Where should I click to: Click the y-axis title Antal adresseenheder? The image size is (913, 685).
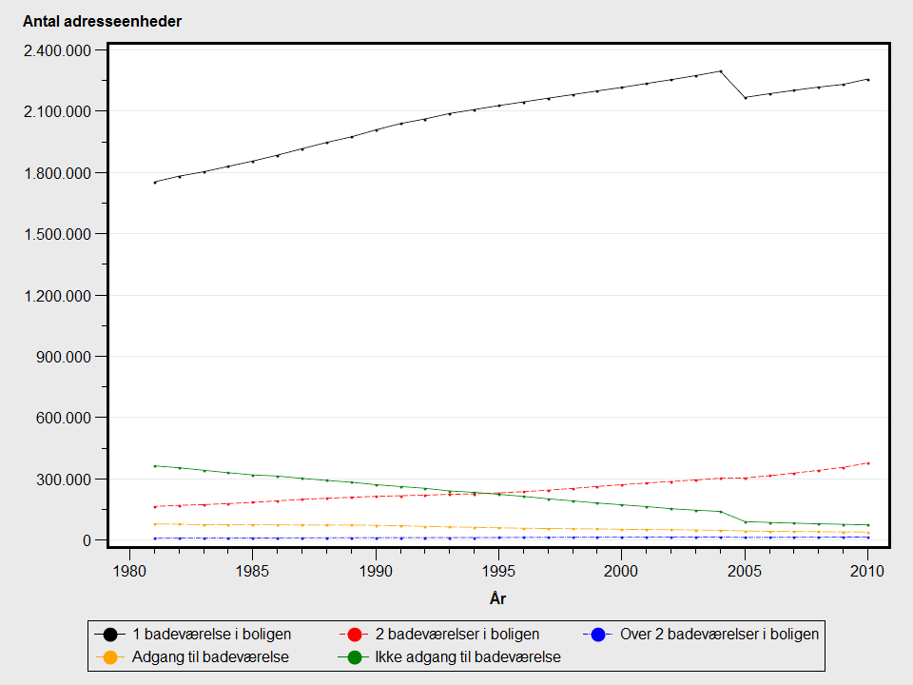click(102, 22)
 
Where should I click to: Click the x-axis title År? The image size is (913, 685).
click(497, 598)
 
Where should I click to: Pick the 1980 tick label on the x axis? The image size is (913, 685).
click(129, 571)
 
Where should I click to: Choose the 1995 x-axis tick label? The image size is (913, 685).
click(498, 571)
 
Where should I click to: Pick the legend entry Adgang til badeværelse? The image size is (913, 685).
click(210, 656)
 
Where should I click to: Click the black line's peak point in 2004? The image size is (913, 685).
click(720, 71)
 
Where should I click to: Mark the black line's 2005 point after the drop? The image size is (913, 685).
click(745, 97)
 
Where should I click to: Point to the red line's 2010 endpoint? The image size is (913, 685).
click(867, 463)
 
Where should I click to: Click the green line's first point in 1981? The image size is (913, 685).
click(154, 466)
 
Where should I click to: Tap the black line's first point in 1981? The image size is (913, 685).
click(154, 183)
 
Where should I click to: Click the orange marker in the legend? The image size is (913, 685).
click(110, 656)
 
